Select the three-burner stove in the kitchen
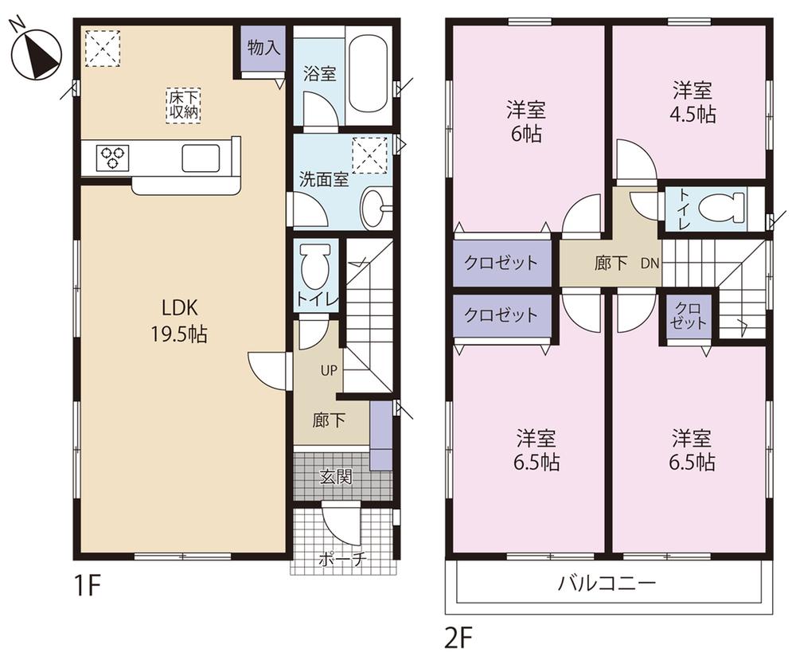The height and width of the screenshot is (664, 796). [x=111, y=156]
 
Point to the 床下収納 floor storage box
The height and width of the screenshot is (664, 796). [x=183, y=104]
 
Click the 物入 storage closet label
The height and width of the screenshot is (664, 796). [x=263, y=48]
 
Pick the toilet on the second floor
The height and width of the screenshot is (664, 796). [x=717, y=209]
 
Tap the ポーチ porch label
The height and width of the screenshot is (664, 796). [x=343, y=558]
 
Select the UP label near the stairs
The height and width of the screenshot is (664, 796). [x=329, y=370]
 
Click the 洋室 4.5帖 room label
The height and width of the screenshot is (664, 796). [x=691, y=102]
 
